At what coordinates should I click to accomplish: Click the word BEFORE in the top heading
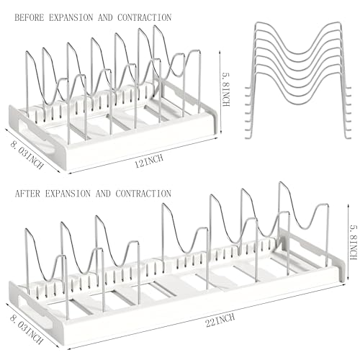(x=30, y=17)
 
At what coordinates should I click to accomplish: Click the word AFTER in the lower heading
(x=27, y=194)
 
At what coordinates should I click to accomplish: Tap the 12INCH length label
(x=149, y=161)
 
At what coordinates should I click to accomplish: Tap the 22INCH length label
(x=220, y=320)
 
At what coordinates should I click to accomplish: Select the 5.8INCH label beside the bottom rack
(x=353, y=243)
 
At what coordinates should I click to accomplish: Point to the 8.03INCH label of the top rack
(x=27, y=155)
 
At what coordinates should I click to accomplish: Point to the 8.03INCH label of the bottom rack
(x=27, y=329)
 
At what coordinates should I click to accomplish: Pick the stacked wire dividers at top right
(x=298, y=80)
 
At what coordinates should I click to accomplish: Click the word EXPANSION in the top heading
(x=71, y=17)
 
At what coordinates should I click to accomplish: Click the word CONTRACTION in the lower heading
(x=143, y=194)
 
